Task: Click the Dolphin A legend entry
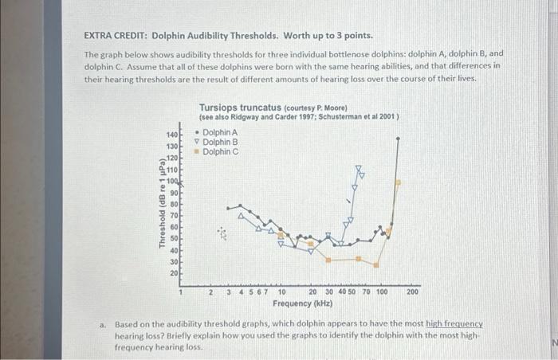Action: [219, 132]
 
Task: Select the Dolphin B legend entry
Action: [219, 142]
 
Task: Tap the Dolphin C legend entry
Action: [219, 151]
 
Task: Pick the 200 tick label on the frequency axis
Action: [412, 292]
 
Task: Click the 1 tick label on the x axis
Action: [183, 292]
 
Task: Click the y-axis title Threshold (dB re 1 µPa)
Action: [163, 205]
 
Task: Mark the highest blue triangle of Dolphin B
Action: [360, 170]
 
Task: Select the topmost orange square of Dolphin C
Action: [399, 182]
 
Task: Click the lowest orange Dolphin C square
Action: [377, 265]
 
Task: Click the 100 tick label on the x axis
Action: [382, 292]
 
